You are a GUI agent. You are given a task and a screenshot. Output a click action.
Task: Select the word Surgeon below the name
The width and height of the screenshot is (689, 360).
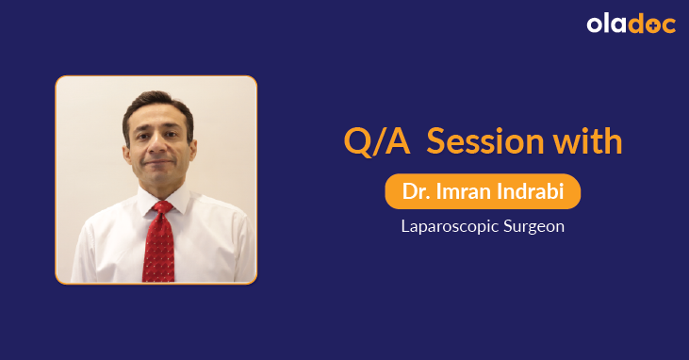click(533, 227)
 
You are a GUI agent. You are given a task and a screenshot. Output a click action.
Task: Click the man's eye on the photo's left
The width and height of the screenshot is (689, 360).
click(144, 138)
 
